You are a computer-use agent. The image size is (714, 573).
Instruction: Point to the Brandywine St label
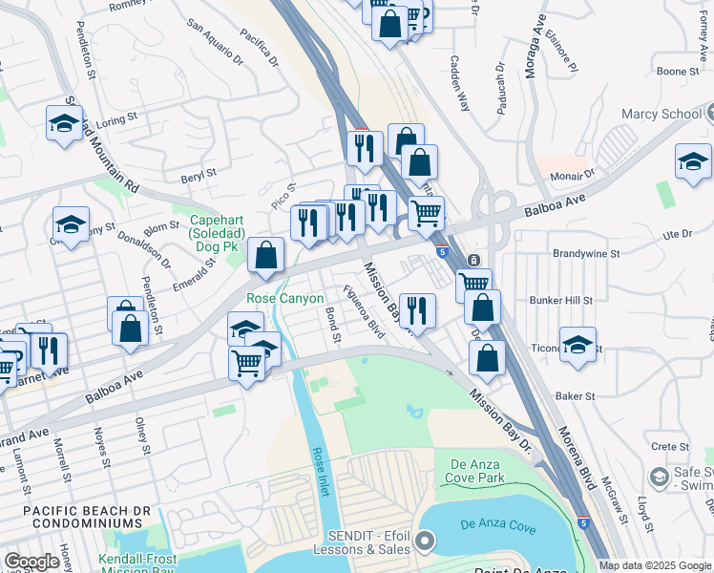(x=586, y=254)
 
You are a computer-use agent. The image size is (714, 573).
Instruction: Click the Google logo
(x=31, y=562)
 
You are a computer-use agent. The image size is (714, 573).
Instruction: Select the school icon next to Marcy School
(x=693, y=163)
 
